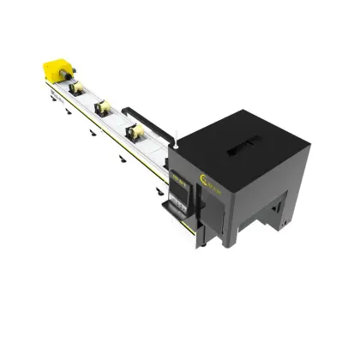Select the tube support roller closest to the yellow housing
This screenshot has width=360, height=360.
click(76, 88)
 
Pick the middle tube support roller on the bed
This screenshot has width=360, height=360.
click(104, 109)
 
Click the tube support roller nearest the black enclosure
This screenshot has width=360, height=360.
click(135, 134)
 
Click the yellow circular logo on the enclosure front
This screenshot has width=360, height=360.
click(206, 177)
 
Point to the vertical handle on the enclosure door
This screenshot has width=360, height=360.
click(225, 202)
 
